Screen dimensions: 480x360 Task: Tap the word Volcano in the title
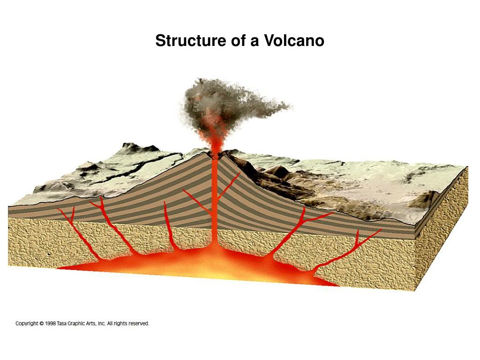(x=294, y=41)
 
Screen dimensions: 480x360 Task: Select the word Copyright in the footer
(x=27, y=323)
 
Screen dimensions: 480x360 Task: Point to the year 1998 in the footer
(x=52, y=323)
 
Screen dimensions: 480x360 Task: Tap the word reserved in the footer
(x=138, y=323)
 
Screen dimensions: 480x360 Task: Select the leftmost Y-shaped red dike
(x=75, y=230)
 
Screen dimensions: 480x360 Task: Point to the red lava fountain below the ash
(x=214, y=138)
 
